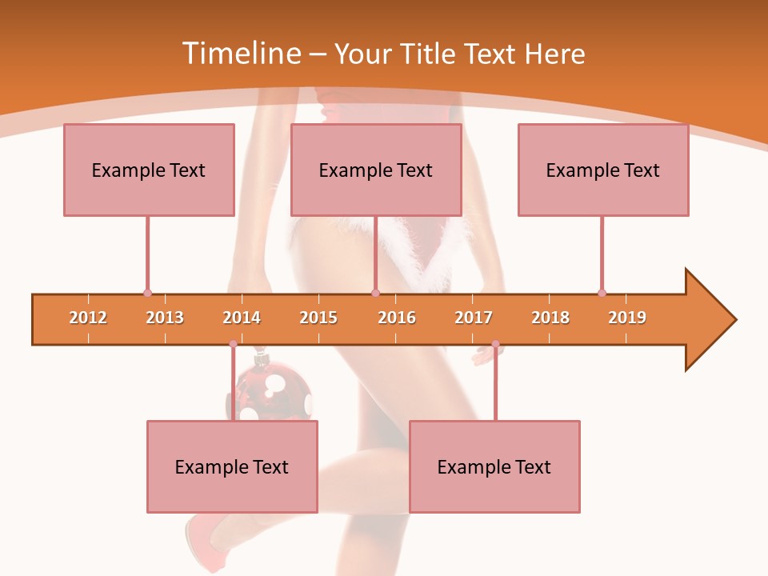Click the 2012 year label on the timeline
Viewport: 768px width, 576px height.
tap(88, 318)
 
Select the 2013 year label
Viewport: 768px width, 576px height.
tap(165, 318)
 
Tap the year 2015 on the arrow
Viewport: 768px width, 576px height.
tap(318, 318)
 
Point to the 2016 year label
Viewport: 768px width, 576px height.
tap(397, 318)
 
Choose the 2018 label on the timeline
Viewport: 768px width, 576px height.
tap(550, 318)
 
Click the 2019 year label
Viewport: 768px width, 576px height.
tap(627, 318)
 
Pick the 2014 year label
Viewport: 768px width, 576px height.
tap(242, 318)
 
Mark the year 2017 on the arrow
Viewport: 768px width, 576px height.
tap(474, 318)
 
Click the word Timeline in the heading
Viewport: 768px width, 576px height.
tap(240, 54)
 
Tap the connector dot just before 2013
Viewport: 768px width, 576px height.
tap(147, 293)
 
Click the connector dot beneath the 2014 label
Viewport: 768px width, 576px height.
tap(233, 344)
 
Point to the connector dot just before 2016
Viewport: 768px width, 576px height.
tap(375, 293)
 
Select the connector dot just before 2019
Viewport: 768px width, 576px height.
tap(602, 293)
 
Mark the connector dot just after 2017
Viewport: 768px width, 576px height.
tap(495, 344)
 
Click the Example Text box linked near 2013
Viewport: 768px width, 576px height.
tap(149, 170)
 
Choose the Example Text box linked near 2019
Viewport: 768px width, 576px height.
tap(603, 170)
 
